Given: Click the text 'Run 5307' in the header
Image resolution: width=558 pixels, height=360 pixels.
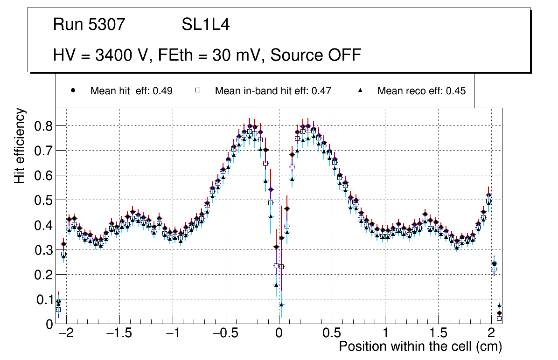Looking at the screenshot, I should (89, 25).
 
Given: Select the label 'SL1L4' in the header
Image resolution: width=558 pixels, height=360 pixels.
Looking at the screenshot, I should (205, 25).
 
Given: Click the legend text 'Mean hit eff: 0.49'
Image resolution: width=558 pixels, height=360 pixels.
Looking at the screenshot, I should (131, 91).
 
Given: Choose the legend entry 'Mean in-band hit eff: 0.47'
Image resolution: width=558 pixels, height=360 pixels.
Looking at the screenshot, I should (273, 91).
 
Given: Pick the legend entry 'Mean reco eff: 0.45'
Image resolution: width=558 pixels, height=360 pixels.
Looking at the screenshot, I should (421, 91).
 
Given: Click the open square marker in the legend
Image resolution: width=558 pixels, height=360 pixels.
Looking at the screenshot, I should (197, 90).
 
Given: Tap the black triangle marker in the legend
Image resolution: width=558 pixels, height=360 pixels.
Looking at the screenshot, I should (360, 90).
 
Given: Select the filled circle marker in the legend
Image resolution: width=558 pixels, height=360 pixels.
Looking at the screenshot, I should (73, 90).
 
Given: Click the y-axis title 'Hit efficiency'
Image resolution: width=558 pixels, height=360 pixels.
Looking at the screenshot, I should (20, 146).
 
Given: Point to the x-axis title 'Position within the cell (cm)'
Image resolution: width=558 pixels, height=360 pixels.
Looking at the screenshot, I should (420, 346).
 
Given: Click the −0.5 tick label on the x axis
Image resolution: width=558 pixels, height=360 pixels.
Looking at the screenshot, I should (225, 334).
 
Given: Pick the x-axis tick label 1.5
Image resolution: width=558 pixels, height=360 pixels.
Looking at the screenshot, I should (438, 334).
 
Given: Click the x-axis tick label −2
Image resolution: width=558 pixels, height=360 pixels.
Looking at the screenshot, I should (66, 334).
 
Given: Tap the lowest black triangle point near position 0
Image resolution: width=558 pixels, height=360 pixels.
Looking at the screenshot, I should (281, 305).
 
